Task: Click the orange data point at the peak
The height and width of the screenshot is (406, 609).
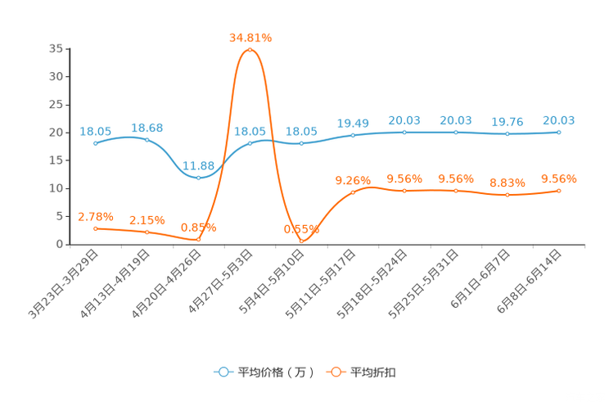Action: tap(250, 50)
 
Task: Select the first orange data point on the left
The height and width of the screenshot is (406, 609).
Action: tap(96, 228)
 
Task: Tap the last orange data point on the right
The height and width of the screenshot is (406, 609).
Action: tap(558, 190)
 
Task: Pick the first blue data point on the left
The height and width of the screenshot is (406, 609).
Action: tap(96, 143)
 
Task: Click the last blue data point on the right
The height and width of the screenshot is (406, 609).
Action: tap(558, 132)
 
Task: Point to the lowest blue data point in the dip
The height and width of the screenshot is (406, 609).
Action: tap(199, 177)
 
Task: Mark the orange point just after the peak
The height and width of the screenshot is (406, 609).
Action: tap(301, 241)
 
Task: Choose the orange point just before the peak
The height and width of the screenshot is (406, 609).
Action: tap(199, 239)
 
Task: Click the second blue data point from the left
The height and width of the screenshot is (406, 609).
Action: tap(147, 140)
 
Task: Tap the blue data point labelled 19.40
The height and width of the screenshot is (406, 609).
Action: tap(353, 135)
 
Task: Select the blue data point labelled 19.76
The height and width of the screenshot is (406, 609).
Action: tap(507, 133)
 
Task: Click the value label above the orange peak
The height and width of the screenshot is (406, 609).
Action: tap(250, 37)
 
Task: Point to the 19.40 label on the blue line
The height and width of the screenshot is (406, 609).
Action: tap(353, 124)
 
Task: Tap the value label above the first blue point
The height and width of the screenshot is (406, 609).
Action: tap(96, 130)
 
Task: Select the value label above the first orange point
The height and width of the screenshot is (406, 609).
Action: tap(95, 216)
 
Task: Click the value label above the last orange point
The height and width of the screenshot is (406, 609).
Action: tap(558, 178)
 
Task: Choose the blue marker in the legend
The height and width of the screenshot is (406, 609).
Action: tap(223, 372)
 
